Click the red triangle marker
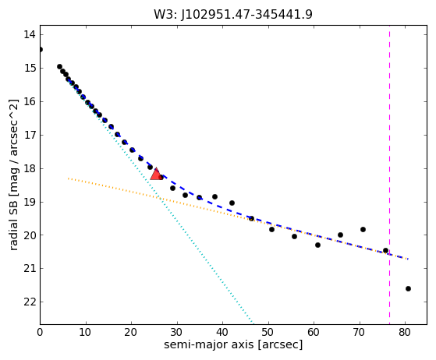[x=156, y=174]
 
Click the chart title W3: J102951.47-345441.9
[x=233, y=15]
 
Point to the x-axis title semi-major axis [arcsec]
[x=233, y=344]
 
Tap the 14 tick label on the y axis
[x=30, y=35]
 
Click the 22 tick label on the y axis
[x=30, y=302]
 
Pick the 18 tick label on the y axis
[x=30, y=168]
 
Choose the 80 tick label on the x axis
[x=405, y=332]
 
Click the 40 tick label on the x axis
[x=222, y=332]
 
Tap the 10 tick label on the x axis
[x=86, y=332]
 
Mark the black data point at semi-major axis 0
[x=41, y=49]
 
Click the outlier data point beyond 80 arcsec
[x=408, y=288]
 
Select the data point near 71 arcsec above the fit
[x=363, y=229]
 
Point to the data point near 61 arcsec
[x=317, y=245]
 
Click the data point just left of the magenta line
[x=385, y=251]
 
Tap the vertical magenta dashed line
[x=389, y=175]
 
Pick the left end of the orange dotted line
[x=68, y=178]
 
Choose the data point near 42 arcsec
[x=232, y=203]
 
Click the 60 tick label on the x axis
[x=314, y=332]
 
